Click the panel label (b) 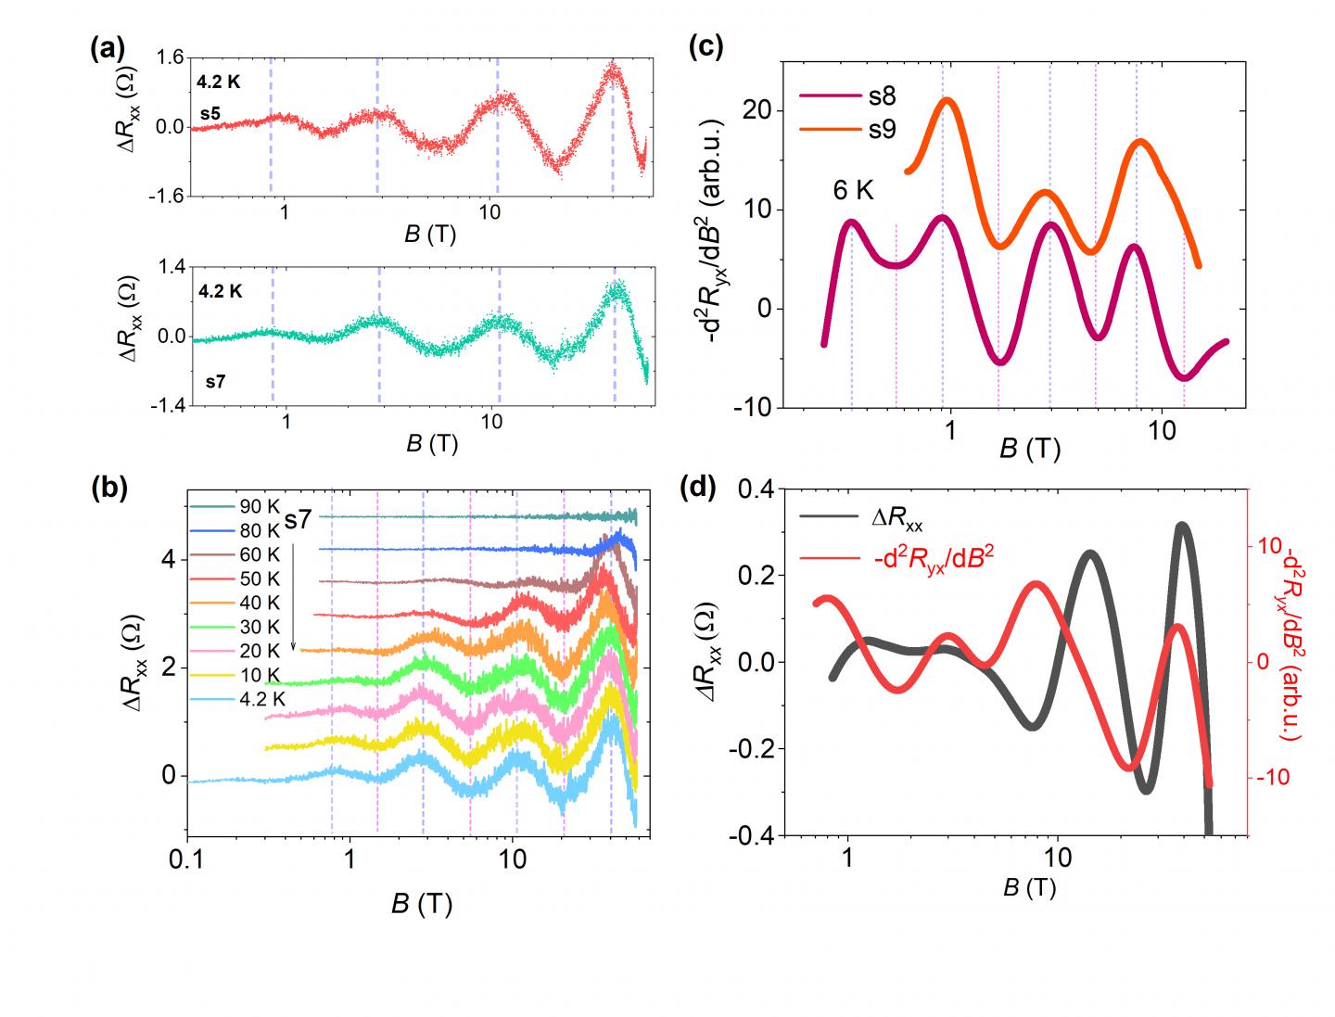click(x=108, y=488)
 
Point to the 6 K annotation click(x=854, y=192)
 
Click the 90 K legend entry click(x=260, y=507)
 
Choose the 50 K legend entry click(x=260, y=578)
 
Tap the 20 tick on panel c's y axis click(x=760, y=110)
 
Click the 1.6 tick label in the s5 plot click(x=169, y=57)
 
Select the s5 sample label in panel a click(x=211, y=114)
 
